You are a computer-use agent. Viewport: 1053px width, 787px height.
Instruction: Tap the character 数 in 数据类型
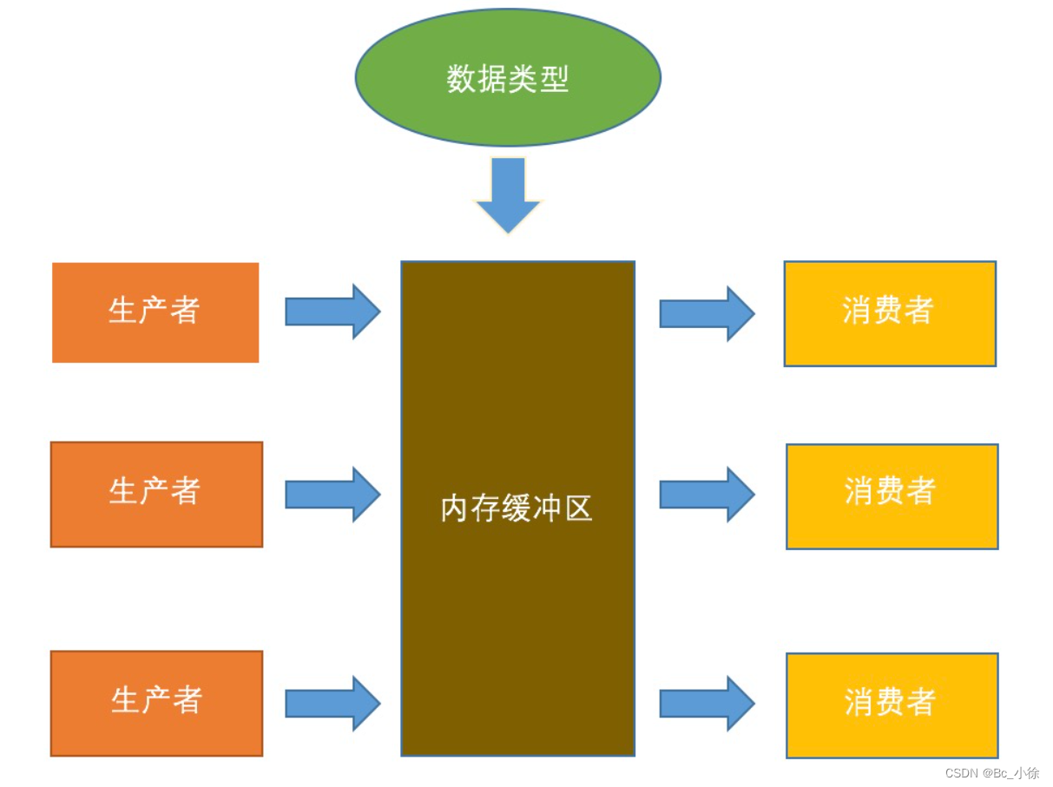tap(461, 79)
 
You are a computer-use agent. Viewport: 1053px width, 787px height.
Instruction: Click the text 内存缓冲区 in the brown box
tap(517, 508)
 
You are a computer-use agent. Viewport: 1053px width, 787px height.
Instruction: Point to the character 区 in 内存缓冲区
tap(578, 508)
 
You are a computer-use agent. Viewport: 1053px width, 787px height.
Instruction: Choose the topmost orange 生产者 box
tap(155, 312)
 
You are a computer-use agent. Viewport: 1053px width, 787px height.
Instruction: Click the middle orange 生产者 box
tap(156, 495)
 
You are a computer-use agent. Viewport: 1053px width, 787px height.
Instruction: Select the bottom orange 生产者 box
tap(156, 703)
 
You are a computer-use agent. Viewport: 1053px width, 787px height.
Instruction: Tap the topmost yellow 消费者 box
tap(890, 313)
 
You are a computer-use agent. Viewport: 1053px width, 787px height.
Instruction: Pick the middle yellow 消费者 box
tap(892, 496)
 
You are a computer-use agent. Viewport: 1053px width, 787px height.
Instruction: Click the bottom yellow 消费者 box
tap(892, 705)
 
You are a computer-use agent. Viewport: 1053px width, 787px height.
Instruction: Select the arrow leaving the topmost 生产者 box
tap(332, 311)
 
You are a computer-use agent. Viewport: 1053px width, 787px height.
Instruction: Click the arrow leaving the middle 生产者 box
tap(332, 494)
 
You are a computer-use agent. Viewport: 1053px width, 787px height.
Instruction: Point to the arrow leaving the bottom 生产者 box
tap(332, 703)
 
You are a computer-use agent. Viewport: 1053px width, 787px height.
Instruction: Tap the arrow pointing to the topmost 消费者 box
tap(707, 313)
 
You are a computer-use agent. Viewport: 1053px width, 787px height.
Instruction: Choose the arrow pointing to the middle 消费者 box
tap(707, 494)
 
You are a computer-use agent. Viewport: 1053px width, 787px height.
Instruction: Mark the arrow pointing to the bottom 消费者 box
tap(707, 703)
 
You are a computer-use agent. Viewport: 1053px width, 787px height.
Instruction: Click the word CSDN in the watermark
tap(961, 773)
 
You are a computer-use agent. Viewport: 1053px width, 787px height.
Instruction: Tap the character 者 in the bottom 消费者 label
tap(921, 702)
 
